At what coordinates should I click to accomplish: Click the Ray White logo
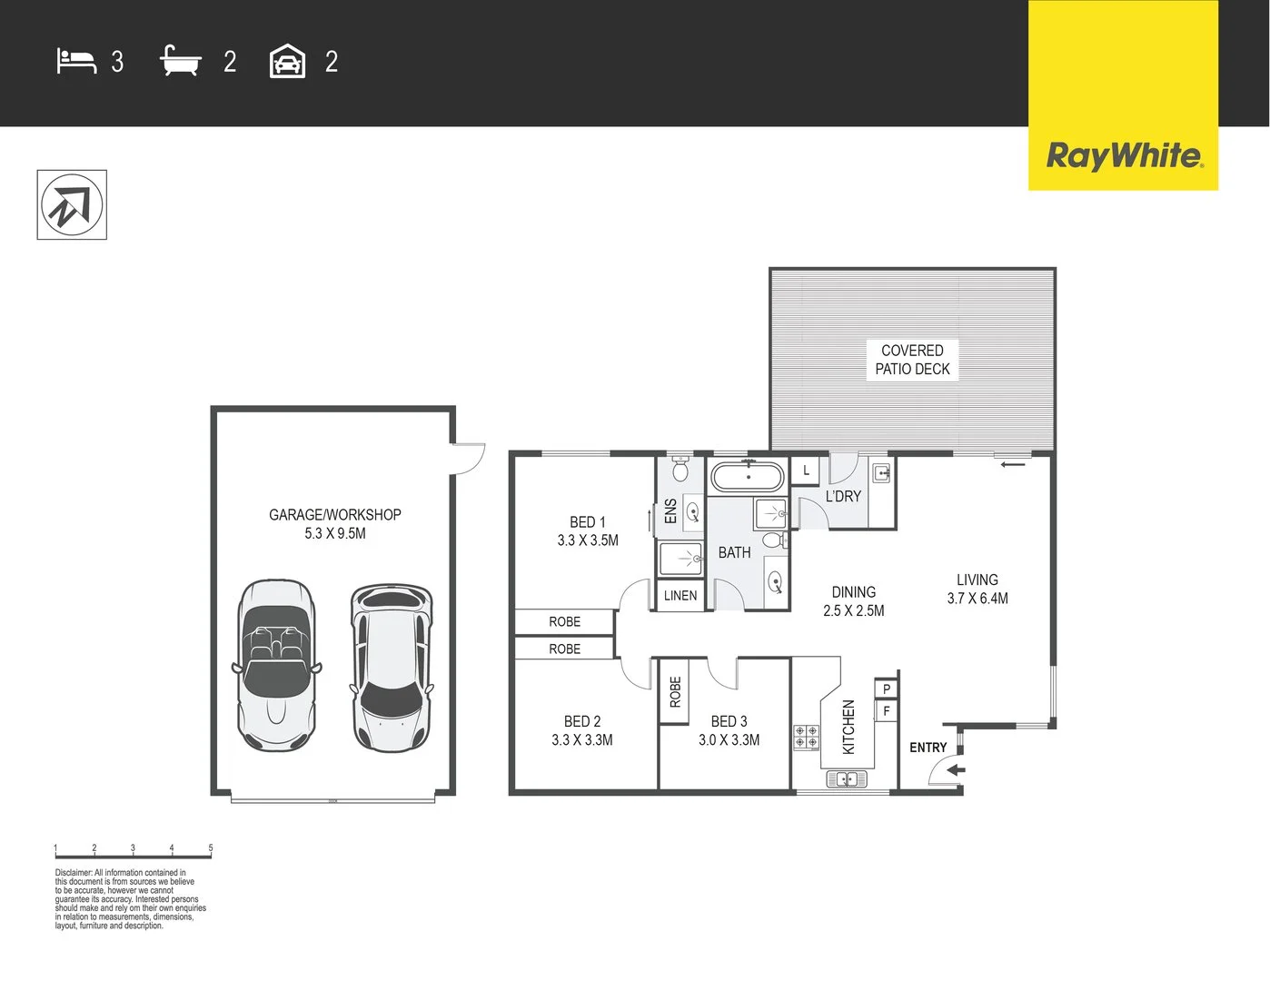click(1124, 155)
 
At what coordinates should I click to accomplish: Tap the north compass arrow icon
click(72, 205)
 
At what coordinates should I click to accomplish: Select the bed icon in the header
click(76, 61)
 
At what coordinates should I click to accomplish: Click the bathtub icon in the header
click(180, 61)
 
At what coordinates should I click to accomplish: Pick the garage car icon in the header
click(287, 62)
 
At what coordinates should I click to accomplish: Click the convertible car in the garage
click(276, 665)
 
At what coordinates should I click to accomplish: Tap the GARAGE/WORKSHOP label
click(334, 515)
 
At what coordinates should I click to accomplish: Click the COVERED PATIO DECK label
click(912, 360)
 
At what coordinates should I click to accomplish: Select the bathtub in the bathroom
click(747, 476)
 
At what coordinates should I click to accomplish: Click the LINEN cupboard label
click(680, 596)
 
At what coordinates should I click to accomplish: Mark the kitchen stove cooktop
click(806, 737)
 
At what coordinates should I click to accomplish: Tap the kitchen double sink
click(847, 779)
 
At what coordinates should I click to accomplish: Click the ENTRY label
click(928, 748)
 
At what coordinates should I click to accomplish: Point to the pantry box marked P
click(887, 689)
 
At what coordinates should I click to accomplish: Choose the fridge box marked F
click(887, 711)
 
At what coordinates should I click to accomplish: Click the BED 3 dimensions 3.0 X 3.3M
click(729, 740)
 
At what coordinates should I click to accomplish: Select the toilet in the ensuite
click(680, 469)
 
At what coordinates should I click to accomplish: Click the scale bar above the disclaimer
click(133, 854)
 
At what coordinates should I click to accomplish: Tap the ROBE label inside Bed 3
click(675, 692)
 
